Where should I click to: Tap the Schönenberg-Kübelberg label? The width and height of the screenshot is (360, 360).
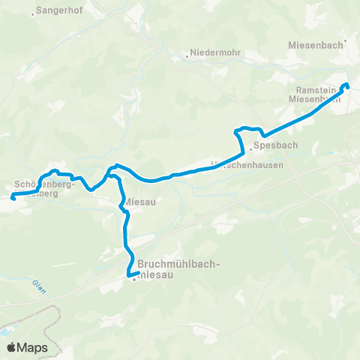point(44,187)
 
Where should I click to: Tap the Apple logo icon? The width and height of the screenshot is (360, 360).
point(12,348)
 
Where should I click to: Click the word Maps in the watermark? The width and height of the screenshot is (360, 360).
point(34,348)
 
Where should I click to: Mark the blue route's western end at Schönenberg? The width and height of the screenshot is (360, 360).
point(13,197)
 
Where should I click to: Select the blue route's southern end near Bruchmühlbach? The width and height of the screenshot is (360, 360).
point(128,274)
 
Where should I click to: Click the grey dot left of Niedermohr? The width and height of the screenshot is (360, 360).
point(187,55)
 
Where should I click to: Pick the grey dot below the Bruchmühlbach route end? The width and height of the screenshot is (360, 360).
point(133,280)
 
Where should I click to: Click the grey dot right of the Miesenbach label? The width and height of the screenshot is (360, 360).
point(345,41)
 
